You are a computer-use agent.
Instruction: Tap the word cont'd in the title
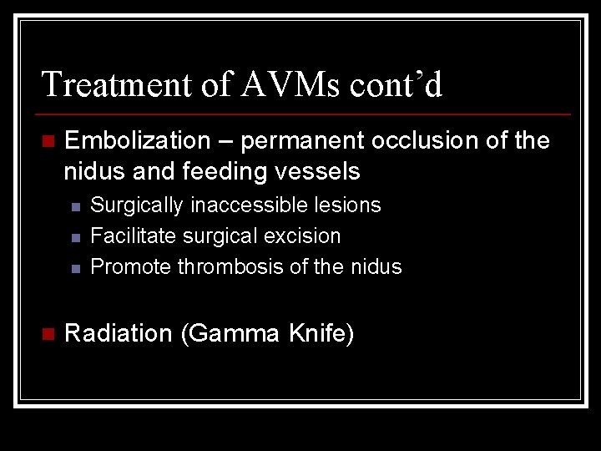point(399,85)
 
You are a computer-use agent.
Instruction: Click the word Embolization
point(137,141)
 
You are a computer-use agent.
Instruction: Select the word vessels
point(324,172)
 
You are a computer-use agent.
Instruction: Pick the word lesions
point(348,205)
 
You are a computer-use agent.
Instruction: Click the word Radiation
point(118,334)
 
